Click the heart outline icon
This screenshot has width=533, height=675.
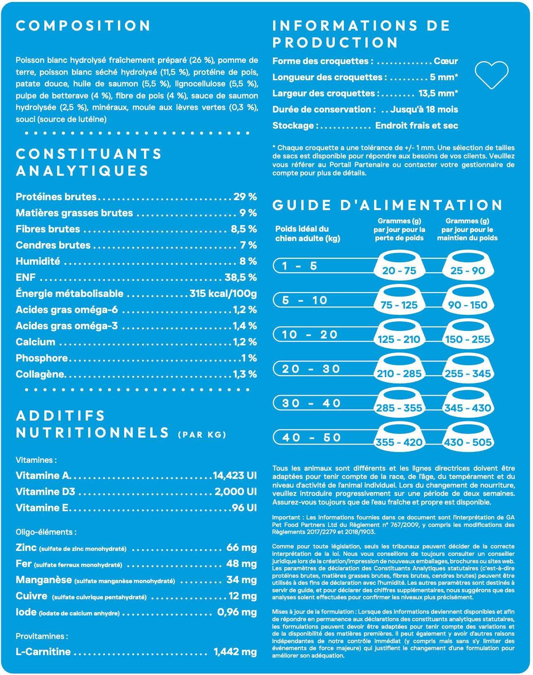(x=491, y=74)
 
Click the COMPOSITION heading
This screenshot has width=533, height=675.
(x=83, y=26)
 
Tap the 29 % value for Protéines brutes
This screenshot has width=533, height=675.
(x=245, y=197)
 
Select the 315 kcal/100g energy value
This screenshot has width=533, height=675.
(x=223, y=294)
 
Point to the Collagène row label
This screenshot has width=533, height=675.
(x=40, y=374)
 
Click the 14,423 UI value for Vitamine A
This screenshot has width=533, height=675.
(x=235, y=476)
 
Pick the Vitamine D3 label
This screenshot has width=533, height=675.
(x=46, y=492)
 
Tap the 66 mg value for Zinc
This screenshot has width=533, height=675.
(x=241, y=548)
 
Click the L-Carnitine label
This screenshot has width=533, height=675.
(x=43, y=652)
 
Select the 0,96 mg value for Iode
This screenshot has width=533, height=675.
(x=237, y=612)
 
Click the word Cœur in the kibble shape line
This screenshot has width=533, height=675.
(x=446, y=61)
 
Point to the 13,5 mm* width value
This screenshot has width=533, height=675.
(x=438, y=93)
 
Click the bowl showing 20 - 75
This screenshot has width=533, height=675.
(x=399, y=266)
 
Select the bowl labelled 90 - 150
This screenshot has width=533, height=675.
(x=468, y=300)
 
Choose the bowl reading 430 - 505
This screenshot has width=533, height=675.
(x=468, y=438)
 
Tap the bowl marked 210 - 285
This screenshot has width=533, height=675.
(x=399, y=369)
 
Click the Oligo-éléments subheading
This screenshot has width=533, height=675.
(x=46, y=532)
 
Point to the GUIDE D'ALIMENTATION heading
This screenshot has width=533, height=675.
(x=387, y=205)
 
